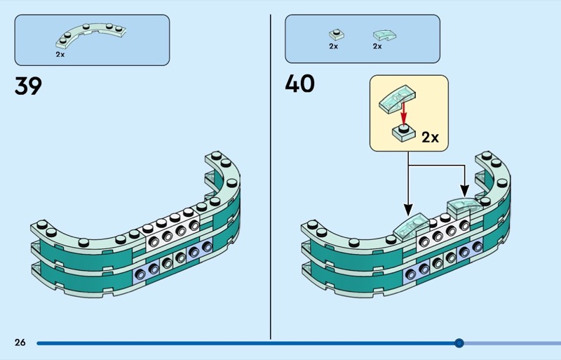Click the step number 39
(x=28, y=87)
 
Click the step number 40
(x=299, y=84)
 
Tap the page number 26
(x=20, y=342)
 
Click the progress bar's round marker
(x=459, y=343)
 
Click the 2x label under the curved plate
(x=60, y=53)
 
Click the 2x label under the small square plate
(x=333, y=46)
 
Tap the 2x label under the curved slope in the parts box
(x=377, y=46)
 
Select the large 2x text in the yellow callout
(x=430, y=137)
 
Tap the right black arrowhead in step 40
(x=464, y=192)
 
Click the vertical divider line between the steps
(x=271, y=175)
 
